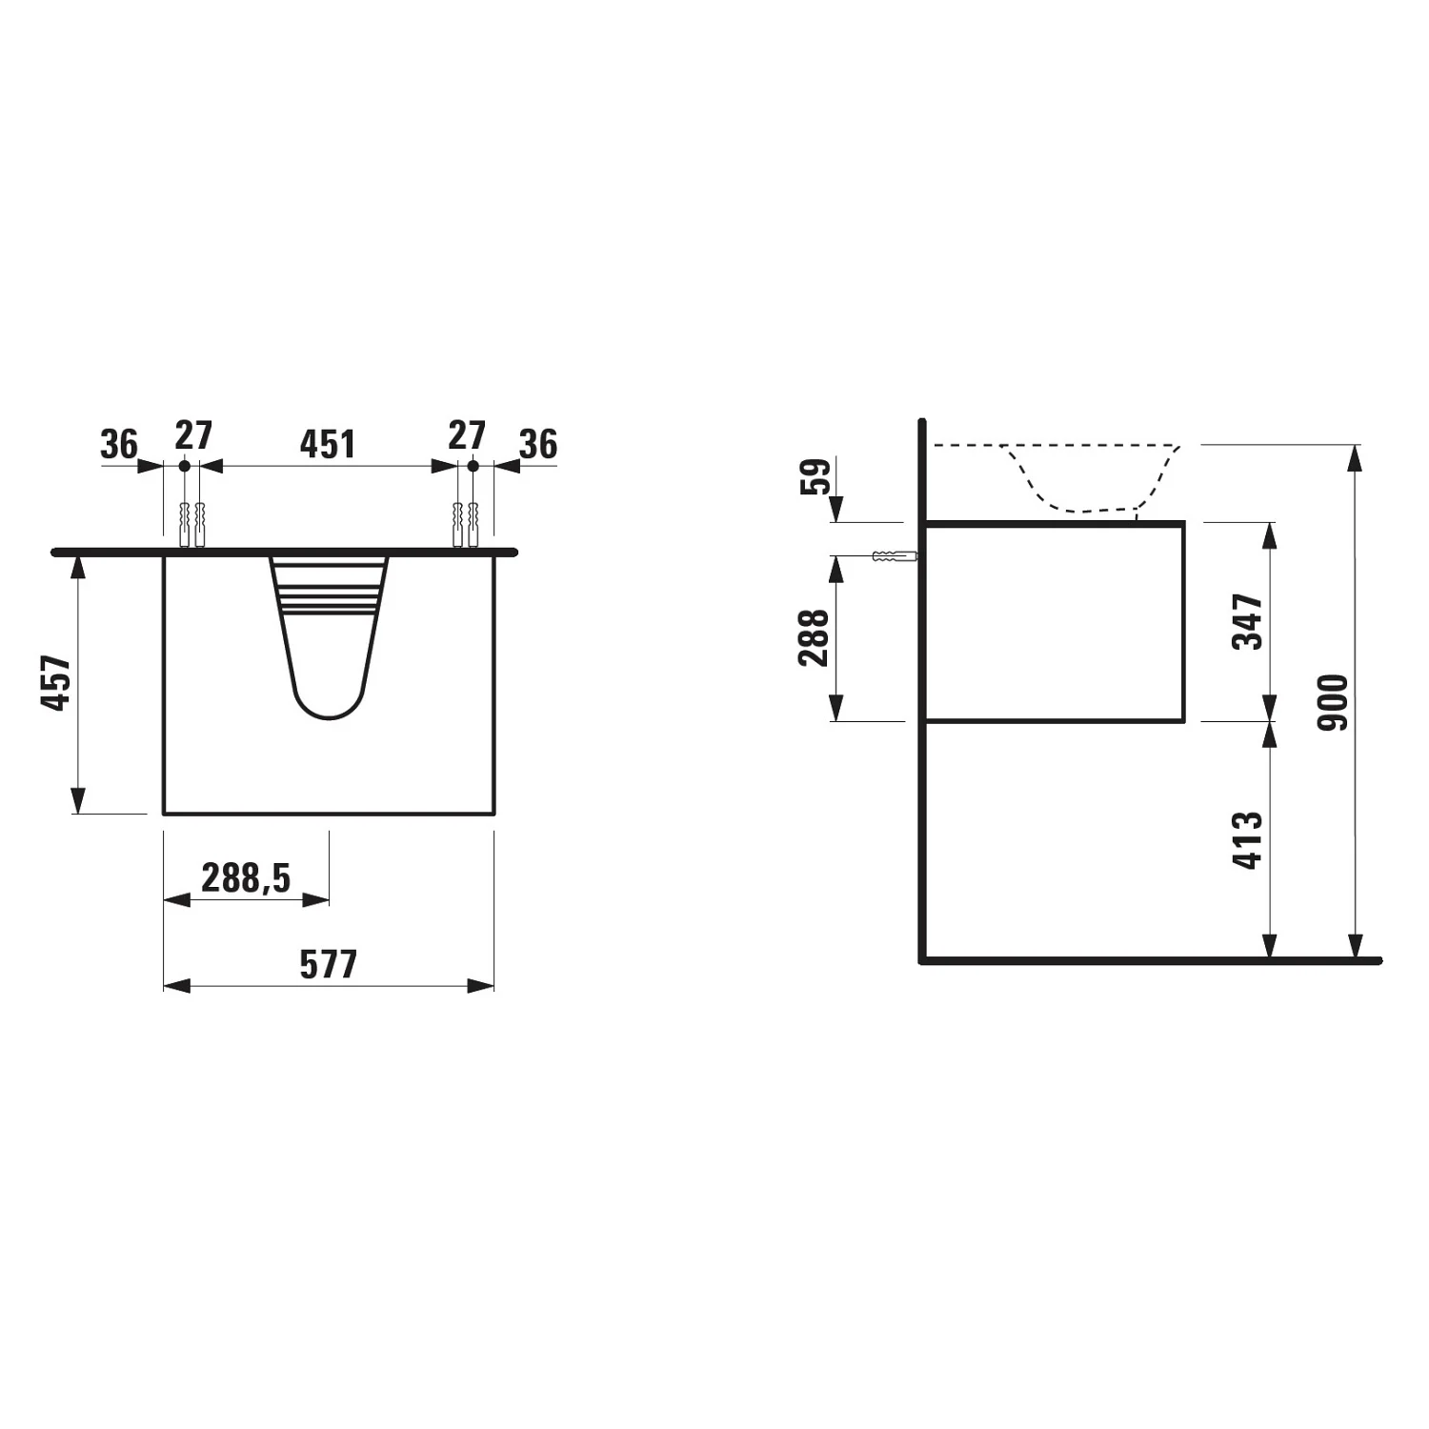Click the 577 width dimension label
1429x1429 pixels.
[329, 964]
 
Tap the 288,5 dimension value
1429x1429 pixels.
[246, 877]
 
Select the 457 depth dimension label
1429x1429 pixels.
[56, 682]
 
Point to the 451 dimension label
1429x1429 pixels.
[328, 444]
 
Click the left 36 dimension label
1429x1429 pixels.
[119, 444]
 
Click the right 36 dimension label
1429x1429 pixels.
[538, 444]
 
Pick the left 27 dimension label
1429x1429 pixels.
[193, 435]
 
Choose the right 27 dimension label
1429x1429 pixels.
[467, 435]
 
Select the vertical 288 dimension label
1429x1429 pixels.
[815, 637]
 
